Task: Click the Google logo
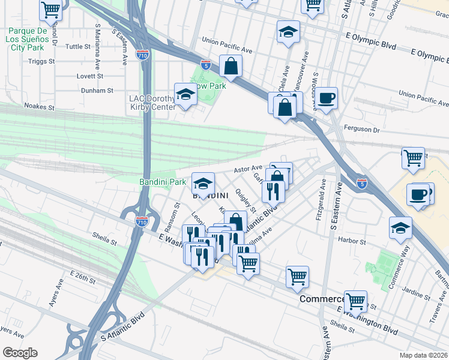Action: click(x=20, y=353)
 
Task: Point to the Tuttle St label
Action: click(x=78, y=46)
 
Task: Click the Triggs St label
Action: click(x=41, y=61)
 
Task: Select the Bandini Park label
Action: click(x=163, y=181)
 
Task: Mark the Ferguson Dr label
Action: click(x=363, y=129)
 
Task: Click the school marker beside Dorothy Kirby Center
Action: click(x=185, y=94)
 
